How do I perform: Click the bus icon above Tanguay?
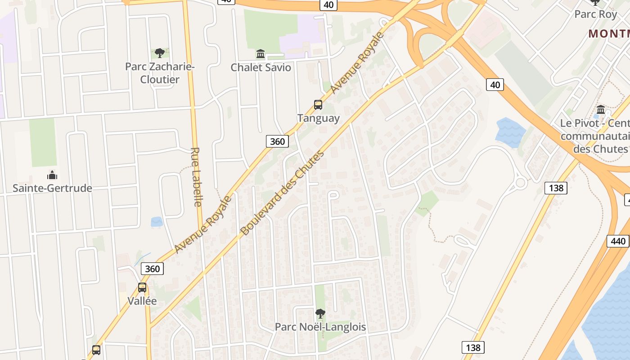tap(318, 105)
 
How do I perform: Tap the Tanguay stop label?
tap(318, 118)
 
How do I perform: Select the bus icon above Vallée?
tap(142, 288)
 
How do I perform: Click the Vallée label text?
tap(142, 301)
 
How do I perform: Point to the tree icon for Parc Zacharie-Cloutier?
tap(159, 53)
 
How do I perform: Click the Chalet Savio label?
tap(261, 67)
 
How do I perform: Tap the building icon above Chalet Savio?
tap(261, 54)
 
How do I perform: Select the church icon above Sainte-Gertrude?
tap(52, 175)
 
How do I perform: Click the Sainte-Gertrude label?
tap(52, 188)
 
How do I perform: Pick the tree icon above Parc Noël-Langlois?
tap(320, 313)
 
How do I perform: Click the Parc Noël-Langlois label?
tap(320, 327)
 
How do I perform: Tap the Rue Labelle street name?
tap(197, 177)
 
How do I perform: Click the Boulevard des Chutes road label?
tap(282, 193)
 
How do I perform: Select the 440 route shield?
tap(618, 241)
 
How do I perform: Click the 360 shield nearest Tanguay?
tap(277, 141)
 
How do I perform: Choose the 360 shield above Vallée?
tap(153, 269)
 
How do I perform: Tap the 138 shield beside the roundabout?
tap(556, 188)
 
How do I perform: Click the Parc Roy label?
tap(595, 14)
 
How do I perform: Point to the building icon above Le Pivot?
tap(601, 109)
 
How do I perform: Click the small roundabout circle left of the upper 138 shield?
tap(521, 183)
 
